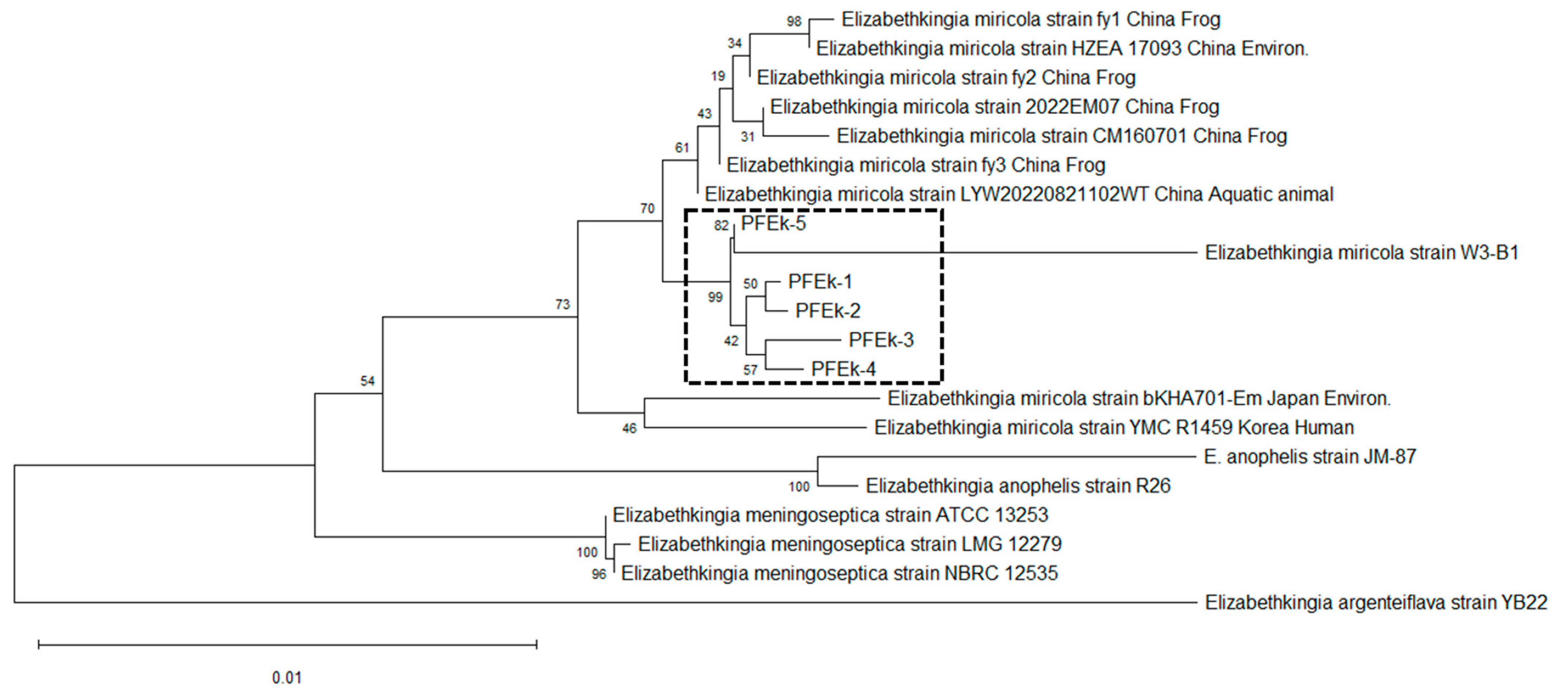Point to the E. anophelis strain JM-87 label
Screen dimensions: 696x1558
(1310, 456)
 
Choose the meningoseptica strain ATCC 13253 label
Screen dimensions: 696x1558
(830, 515)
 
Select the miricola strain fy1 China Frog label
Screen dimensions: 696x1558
(1031, 19)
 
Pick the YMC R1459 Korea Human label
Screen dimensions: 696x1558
(1113, 427)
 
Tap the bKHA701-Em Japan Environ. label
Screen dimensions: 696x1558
(1139, 398)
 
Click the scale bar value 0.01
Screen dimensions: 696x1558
(287, 677)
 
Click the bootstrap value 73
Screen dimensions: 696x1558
(562, 305)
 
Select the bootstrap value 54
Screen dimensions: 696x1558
(367, 380)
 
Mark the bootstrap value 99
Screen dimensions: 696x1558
(715, 297)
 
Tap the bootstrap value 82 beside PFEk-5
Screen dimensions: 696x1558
(721, 226)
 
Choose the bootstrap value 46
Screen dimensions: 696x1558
(629, 428)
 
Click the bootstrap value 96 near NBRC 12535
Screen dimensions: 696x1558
(598, 574)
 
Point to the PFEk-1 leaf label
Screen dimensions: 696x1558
(820, 282)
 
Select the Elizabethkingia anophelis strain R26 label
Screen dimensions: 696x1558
(1018, 485)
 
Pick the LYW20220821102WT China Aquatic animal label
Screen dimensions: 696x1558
(1018, 194)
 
